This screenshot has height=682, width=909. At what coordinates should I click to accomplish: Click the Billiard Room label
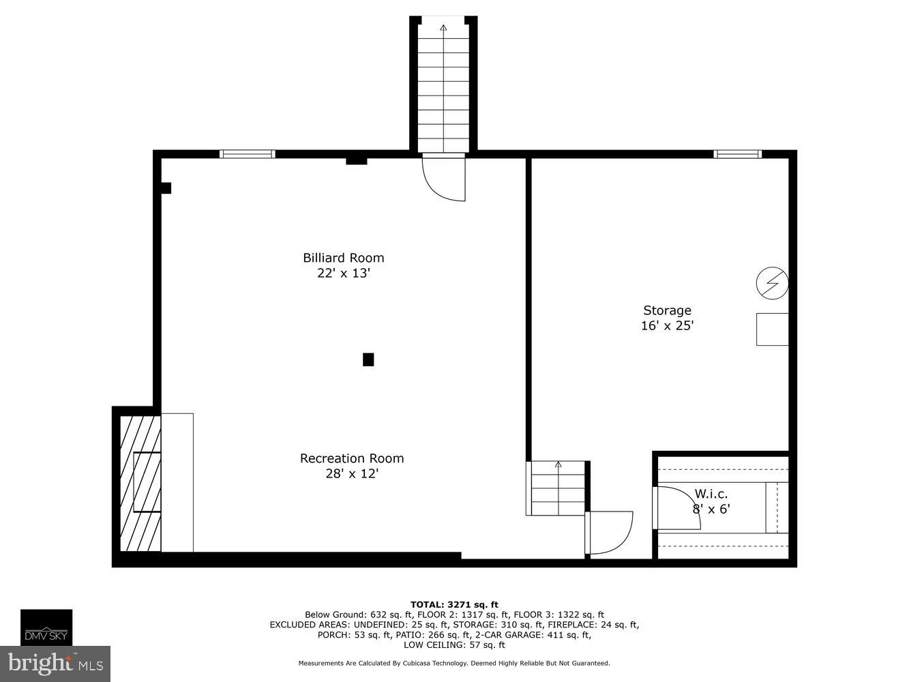click(x=344, y=258)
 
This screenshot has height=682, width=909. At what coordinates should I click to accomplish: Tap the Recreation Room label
click(x=352, y=458)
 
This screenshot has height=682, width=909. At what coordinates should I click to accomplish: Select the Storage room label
click(x=667, y=311)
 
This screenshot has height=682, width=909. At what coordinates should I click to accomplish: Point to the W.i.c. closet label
click(x=711, y=494)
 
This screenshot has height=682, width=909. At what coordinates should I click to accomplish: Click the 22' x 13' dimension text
click(x=344, y=273)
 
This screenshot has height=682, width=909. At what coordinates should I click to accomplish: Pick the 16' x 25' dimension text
click(x=667, y=326)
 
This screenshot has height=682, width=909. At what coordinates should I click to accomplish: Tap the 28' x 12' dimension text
click(x=352, y=473)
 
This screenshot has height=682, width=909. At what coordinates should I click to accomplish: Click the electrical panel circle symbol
click(x=773, y=282)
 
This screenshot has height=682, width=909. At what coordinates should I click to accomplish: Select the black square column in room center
click(x=368, y=359)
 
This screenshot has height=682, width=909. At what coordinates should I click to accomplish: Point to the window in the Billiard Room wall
click(x=248, y=154)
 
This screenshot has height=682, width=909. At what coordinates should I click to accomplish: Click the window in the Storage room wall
click(x=737, y=154)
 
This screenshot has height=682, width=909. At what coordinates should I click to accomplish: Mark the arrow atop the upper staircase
click(x=444, y=28)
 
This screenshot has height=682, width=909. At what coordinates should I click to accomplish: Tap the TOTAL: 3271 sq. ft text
click(x=454, y=604)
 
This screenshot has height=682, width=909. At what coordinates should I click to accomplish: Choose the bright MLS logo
click(x=55, y=664)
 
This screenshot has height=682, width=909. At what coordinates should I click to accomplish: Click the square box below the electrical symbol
click(x=772, y=329)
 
